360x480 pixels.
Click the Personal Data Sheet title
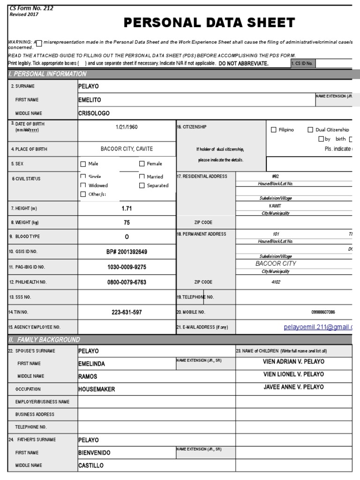click(209, 22)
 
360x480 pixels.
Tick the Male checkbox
click(83, 164)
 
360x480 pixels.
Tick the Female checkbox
click(142, 164)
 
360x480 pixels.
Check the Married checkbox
click(142, 177)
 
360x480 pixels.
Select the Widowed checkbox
click(83, 186)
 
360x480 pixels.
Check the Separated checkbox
click(142, 186)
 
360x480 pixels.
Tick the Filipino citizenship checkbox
click(274, 130)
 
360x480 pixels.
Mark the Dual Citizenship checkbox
click(310, 130)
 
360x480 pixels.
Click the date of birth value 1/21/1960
click(127, 127)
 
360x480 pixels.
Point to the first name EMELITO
click(90, 100)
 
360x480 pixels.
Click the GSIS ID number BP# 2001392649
click(127, 252)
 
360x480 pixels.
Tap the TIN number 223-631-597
click(127, 312)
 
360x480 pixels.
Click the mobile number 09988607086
click(323, 312)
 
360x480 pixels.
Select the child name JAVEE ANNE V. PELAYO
click(293, 387)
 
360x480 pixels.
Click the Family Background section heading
click(44, 339)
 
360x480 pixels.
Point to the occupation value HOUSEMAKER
click(97, 389)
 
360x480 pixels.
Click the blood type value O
click(127, 237)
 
